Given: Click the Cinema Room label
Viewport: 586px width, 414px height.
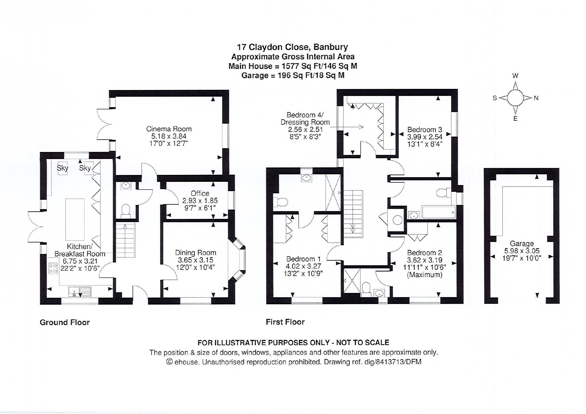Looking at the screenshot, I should point(169,129).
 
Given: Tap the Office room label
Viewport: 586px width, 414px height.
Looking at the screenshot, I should point(200,193).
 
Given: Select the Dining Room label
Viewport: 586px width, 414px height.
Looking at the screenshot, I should point(196,253).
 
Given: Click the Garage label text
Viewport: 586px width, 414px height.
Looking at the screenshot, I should point(522,243).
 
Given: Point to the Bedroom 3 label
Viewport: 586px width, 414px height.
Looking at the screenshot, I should point(425,129).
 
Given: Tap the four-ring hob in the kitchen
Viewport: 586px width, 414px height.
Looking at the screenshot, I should point(53,268).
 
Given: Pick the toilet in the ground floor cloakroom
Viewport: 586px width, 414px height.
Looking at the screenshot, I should point(126,210).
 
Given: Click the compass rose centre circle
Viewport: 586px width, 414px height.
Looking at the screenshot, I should point(515,98).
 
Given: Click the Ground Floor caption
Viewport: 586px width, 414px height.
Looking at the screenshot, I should point(65,322).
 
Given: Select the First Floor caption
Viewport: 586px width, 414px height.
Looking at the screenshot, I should point(285,322).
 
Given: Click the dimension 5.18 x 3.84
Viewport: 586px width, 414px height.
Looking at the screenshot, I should point(169,136).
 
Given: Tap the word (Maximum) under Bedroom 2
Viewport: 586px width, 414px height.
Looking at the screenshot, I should point(425,274).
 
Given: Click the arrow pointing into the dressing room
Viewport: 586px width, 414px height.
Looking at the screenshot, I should point(347,127).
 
